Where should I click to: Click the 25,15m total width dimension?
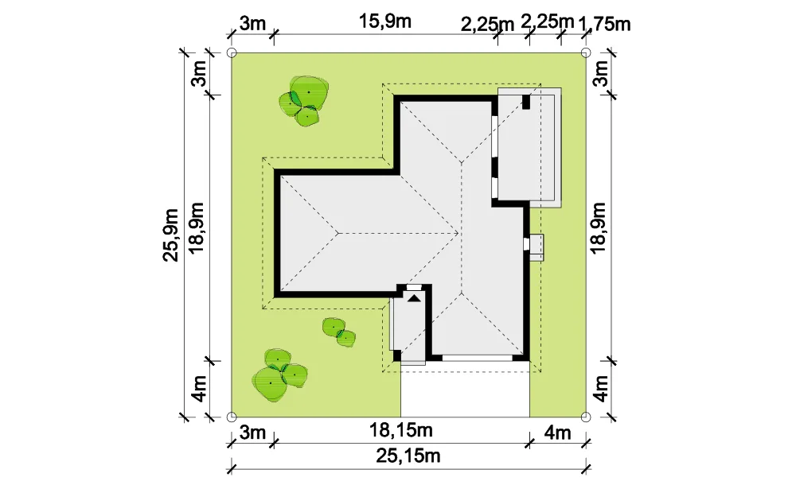point(408,456)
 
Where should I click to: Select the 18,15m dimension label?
point(400,430)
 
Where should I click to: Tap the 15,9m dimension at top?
point(385,21)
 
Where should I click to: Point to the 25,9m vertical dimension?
point(170,235)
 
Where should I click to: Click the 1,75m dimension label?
point(605,24)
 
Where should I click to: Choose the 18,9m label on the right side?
point(599,227)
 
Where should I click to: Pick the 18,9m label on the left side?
point(196,227)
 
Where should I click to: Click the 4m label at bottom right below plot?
point(557,433)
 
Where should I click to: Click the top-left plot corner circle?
point(231,52)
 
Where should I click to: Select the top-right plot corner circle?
point(585,52)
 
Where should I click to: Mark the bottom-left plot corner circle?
point(231,417)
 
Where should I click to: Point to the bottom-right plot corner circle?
point(585,417)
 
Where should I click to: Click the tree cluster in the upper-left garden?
point(303,101)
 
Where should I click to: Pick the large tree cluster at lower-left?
point(279,376)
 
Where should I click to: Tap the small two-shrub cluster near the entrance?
point(338,333)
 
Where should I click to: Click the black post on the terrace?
point(526,102)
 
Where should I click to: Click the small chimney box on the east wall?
point(534,247)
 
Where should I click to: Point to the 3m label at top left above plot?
point(252,23)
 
